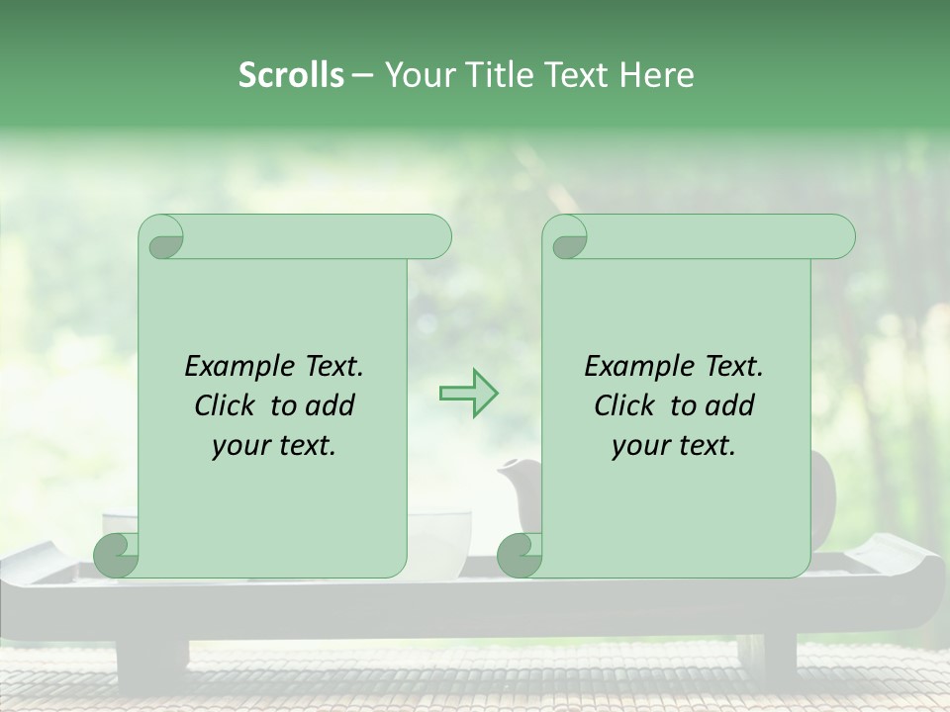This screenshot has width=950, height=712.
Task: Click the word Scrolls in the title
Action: tap(291, 75)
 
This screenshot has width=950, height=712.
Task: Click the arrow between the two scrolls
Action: tap(469, 394)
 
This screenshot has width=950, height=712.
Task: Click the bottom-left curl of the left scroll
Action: tap(117, 555)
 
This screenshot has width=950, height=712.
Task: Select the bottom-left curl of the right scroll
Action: tap(520, 555)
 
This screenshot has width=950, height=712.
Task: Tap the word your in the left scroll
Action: tap(238, 446)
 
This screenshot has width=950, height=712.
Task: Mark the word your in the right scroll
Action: tap(638, 446)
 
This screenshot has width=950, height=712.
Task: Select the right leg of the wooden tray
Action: tap(766, 658)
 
